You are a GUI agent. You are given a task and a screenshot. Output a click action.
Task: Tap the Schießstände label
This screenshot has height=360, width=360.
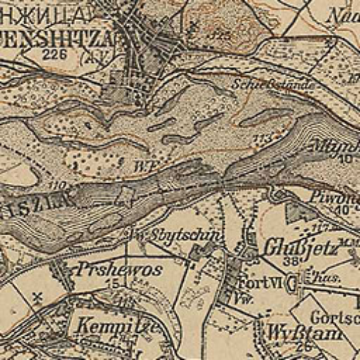(x=274, y=84)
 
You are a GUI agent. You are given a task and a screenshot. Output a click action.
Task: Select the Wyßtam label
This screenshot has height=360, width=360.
(x=305, y=334)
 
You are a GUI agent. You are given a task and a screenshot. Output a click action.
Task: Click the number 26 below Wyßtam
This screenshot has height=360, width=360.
(x=303, y=347)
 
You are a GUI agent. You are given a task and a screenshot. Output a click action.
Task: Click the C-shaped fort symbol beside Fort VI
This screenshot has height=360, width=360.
(x=292, y=284)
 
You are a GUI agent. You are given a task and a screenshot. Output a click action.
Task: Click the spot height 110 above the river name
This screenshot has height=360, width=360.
(x=57, y=185)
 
